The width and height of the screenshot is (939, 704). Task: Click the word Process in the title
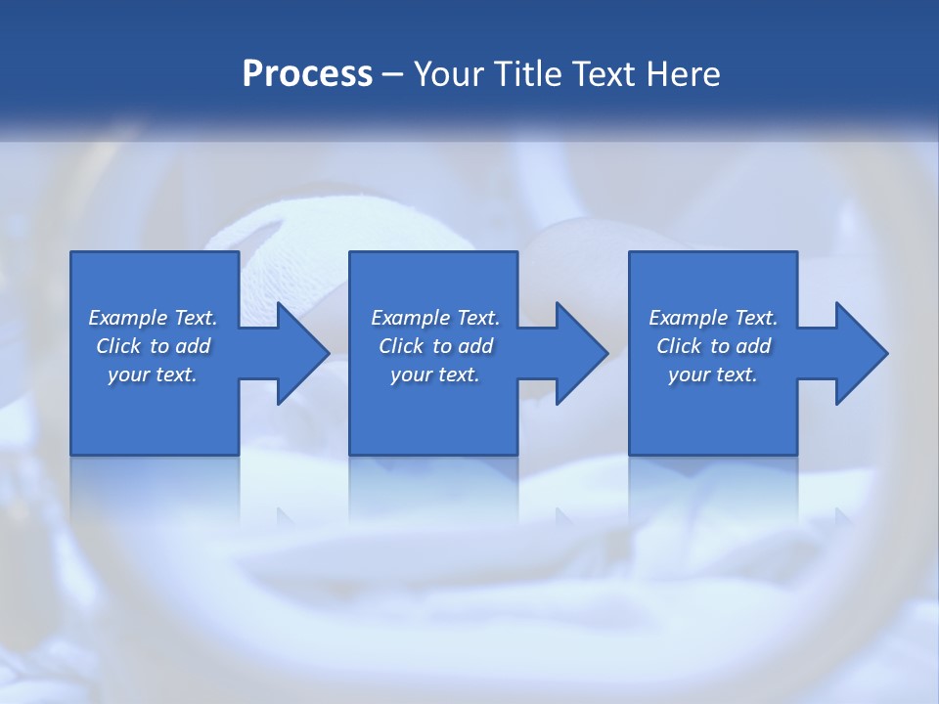[x=307, y=74]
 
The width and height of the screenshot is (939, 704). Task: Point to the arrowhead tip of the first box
[x=329, y=353]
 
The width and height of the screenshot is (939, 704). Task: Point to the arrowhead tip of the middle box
[x=608, y=353]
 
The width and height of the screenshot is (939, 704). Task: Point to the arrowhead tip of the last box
[x=887, y=353]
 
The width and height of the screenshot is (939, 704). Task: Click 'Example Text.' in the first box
[x=153, y=318]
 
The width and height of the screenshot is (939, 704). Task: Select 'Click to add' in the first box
[x=153, y=346]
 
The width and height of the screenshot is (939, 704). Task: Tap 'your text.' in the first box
[x=153, y=374]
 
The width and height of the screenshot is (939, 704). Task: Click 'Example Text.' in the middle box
[x=435, y=318]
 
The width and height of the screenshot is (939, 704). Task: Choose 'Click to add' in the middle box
[x=435, y=346]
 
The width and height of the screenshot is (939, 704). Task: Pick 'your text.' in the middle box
[x=435, y=374]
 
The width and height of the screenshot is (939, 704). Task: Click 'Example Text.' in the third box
[x=713, y=318]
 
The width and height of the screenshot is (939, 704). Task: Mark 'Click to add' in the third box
[x=713, y=346]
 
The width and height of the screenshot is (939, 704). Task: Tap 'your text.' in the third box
[x=713, y=374]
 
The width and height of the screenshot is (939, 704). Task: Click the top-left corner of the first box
[x=71, y=253]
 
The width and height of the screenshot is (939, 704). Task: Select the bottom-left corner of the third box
[x=630, y=454]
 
